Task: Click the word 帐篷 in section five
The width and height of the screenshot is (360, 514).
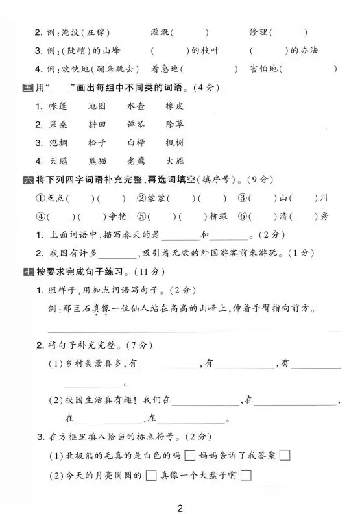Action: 58,106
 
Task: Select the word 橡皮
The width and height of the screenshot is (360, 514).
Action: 174,106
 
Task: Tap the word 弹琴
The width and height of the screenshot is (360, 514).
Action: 136,124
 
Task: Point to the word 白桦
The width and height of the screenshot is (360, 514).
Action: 136,142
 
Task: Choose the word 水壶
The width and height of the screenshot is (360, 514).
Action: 136,106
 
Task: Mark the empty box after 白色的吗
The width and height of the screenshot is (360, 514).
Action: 190,456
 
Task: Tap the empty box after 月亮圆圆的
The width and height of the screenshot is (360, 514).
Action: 151,476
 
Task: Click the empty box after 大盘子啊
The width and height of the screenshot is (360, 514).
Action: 246,476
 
